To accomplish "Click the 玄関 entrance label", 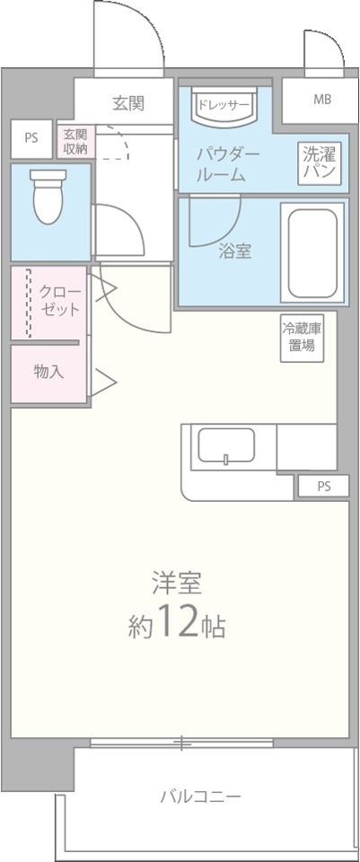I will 128,103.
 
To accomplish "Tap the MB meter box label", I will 321,99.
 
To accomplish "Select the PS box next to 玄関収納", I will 31,138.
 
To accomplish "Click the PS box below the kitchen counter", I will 323,487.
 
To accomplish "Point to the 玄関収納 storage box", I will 75,141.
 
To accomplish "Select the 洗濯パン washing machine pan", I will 319,162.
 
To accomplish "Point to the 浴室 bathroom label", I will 234,251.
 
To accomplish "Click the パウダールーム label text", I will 229,164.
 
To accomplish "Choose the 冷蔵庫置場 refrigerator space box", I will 301,336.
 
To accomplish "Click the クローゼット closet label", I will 59,300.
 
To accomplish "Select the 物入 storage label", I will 48,371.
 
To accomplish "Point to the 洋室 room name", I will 176,583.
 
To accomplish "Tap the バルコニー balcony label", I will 200,796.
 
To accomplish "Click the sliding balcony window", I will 182,743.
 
